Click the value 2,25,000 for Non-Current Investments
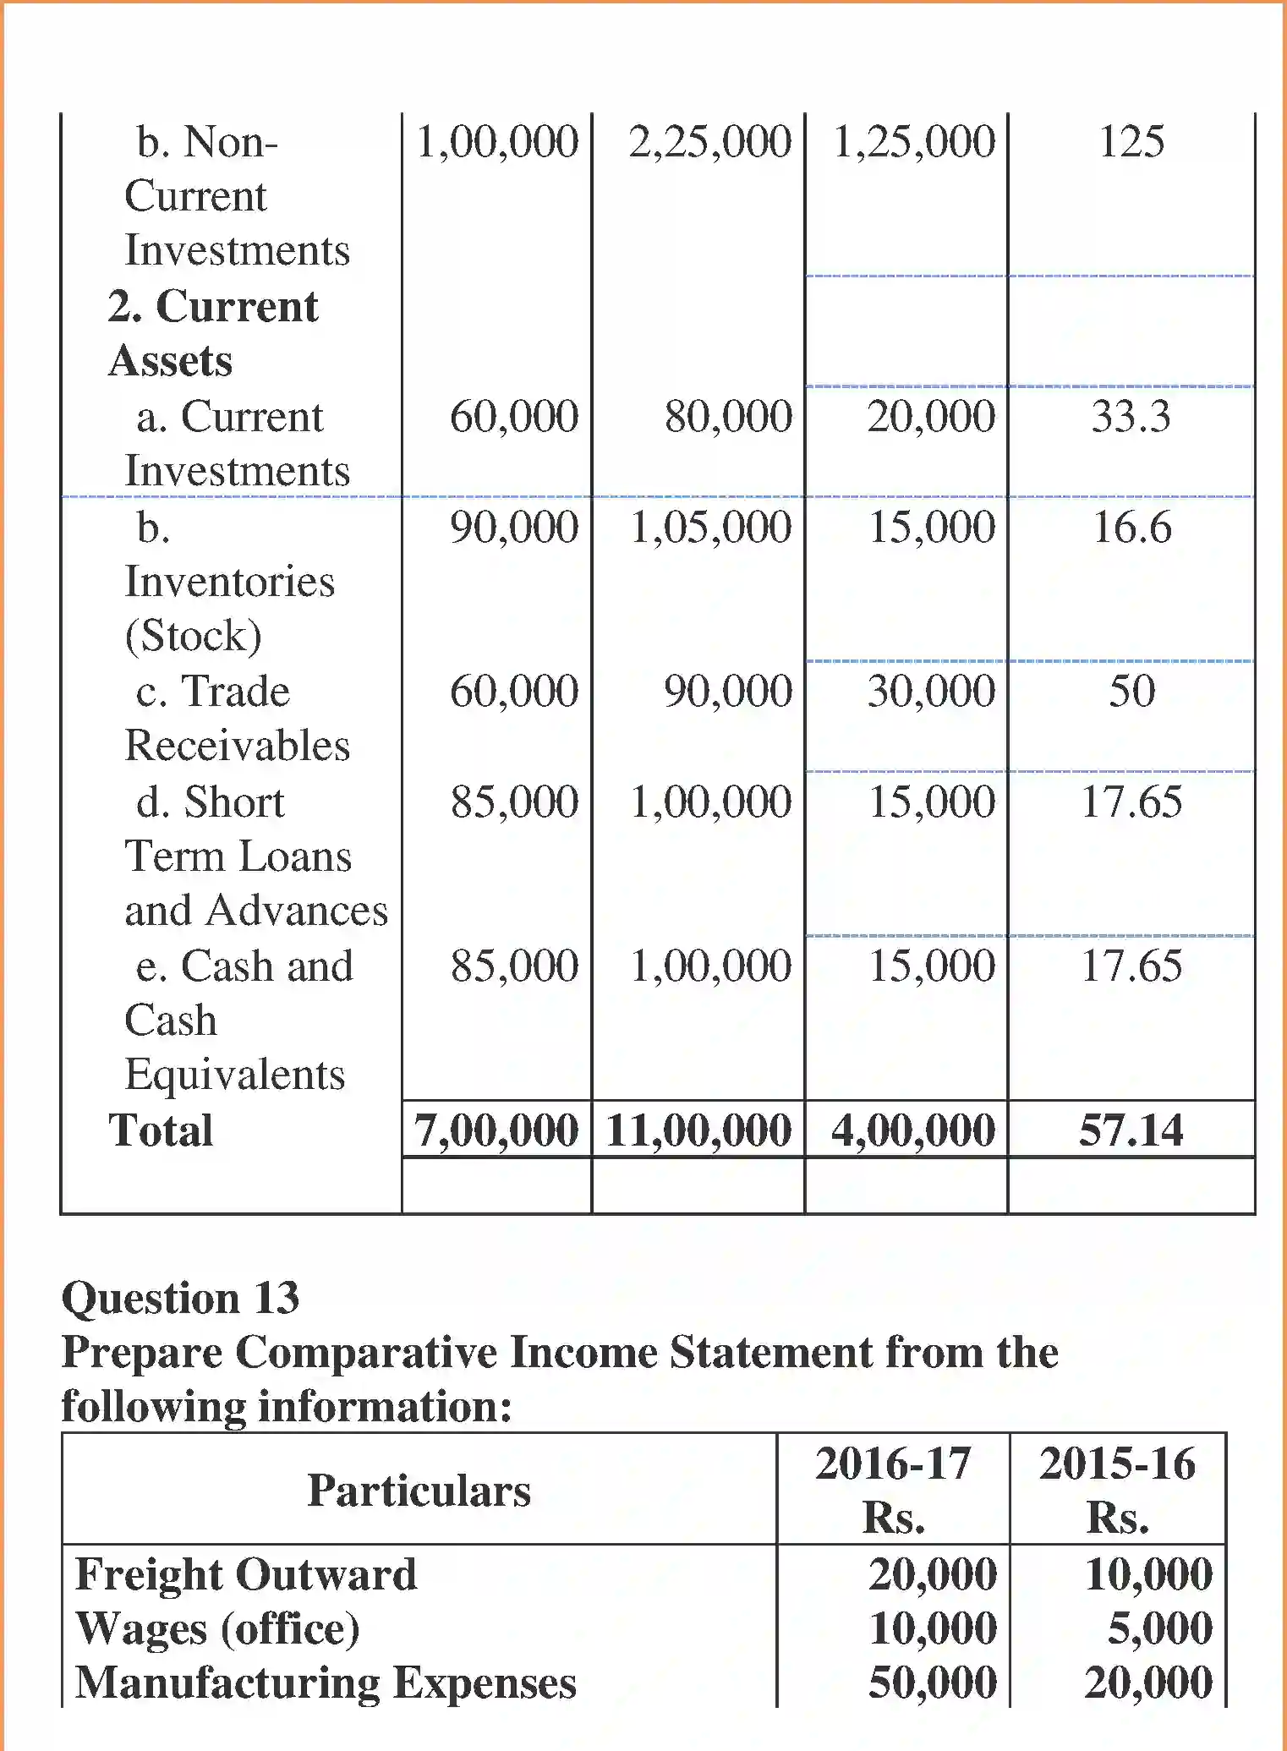[x=709, y=141]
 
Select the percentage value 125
[x=1131, y=141]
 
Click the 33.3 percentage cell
[x=1131, y=416]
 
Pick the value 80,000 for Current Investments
[x=728, y=416]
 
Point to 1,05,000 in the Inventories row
[x=710, y=527]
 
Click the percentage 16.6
[x=1131, y=527]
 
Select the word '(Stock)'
[x=193, y=636]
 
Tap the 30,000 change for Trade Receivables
[x=931, y=691]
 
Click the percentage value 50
[x=1131, y=691]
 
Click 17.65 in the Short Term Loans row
[x=1131, y=802]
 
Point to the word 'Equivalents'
[x=235, y=1075]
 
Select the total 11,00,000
[x=698, y=1130]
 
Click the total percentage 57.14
[x=1131, y=1130]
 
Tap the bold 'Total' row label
[x=161, y=1130]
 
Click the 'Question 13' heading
[x=180, y=1298]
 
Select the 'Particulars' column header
[x=419, y=1490]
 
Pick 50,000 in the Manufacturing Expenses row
[x=932, y=1683]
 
